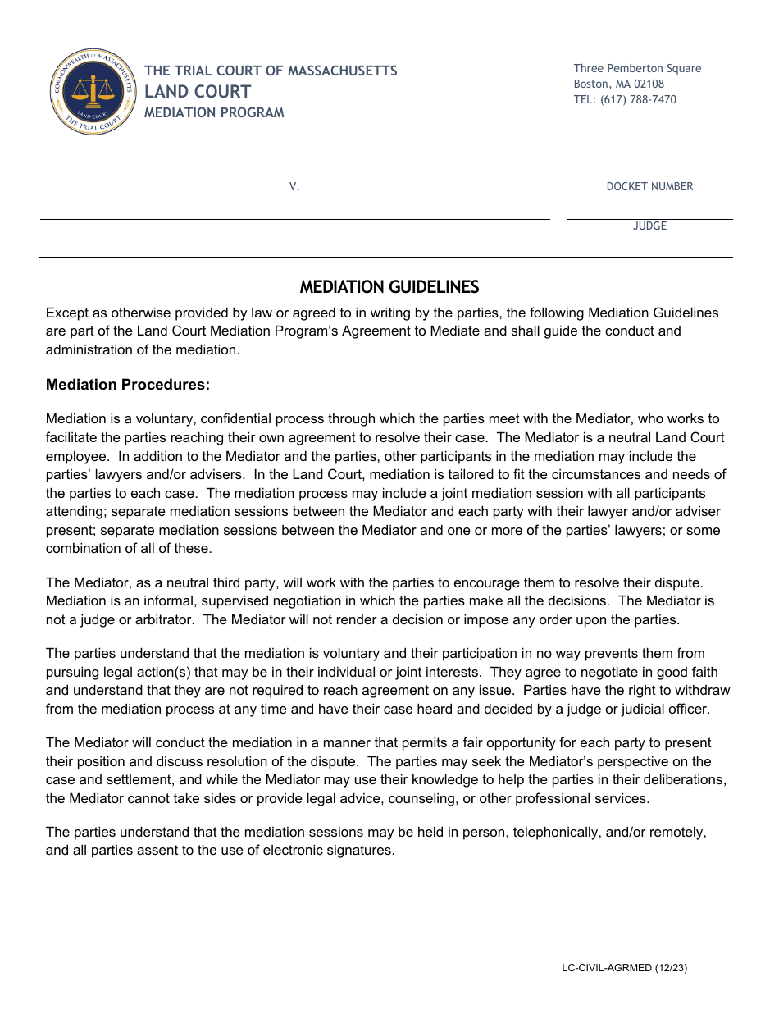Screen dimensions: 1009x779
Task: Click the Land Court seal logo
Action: click(93, 92)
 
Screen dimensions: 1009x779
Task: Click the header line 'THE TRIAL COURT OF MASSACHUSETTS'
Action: click(271, 71)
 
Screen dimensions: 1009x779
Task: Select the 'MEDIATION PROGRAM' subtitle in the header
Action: click(214, 113)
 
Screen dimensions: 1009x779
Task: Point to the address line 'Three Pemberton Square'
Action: click(637, 68)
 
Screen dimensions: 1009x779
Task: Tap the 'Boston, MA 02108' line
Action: click(618, 84)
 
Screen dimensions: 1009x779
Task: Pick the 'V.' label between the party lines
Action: click(294, 187)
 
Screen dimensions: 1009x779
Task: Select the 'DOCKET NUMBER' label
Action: click(649, 187)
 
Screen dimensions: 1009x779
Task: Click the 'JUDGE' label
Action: click(649, 226)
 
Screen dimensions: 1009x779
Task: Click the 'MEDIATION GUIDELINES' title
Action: click(389, 287)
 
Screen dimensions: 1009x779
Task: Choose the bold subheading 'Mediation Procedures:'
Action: click(128, 385)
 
